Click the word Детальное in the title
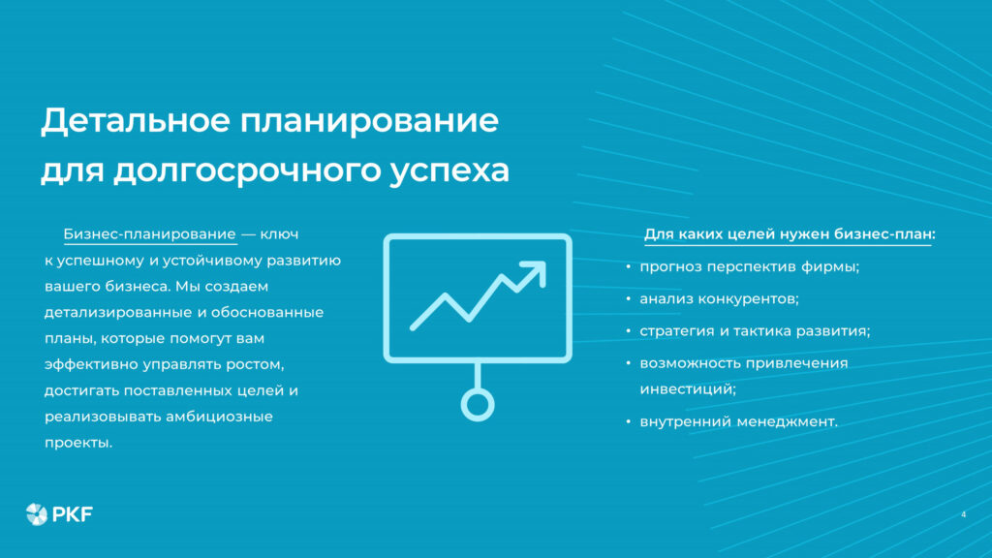(132, 122)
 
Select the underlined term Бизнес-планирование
(149, 234)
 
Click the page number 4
(963, 513)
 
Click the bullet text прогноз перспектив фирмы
(750, 266)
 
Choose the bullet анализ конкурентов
(719, 298)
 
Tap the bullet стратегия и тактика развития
(755, 330)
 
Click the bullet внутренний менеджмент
(738, 421)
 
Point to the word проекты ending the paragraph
(79, 444)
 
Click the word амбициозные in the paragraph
(225, 418)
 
